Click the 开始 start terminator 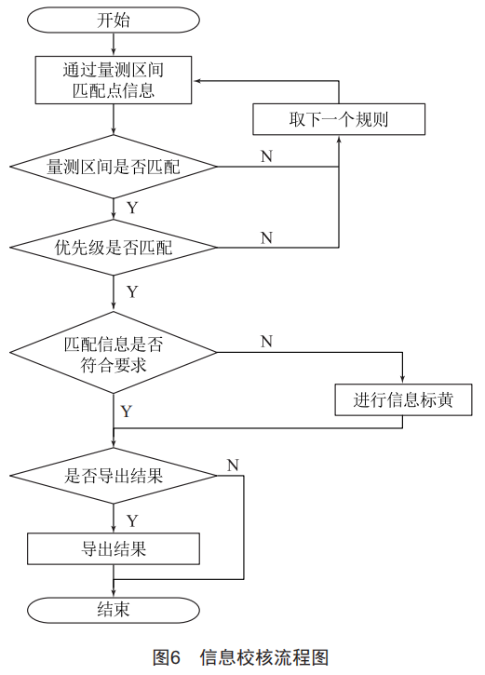click(114, 20)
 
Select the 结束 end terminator click(114, 610)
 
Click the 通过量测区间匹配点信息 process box click(114, 80)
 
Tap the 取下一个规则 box click(339, 119)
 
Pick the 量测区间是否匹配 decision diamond click(114, 167)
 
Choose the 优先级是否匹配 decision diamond click(114, 248)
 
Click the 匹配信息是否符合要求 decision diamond click(114, 353)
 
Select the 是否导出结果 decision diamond click(114, 476)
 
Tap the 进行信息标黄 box click(403, 400)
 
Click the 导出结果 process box click(114, 549)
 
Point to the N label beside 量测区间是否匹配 click(267, 155)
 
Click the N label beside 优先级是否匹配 click(267, 237)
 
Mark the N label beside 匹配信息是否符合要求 click(267, 342)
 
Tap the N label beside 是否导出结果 click(233, 465)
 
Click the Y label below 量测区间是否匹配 click(132, 208)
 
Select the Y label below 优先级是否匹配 click(132, 291)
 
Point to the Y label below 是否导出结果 click(132, 520)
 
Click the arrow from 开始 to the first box click(114, 45)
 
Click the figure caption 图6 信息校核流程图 click(241, 657)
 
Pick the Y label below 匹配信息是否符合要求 click(126, 412)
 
